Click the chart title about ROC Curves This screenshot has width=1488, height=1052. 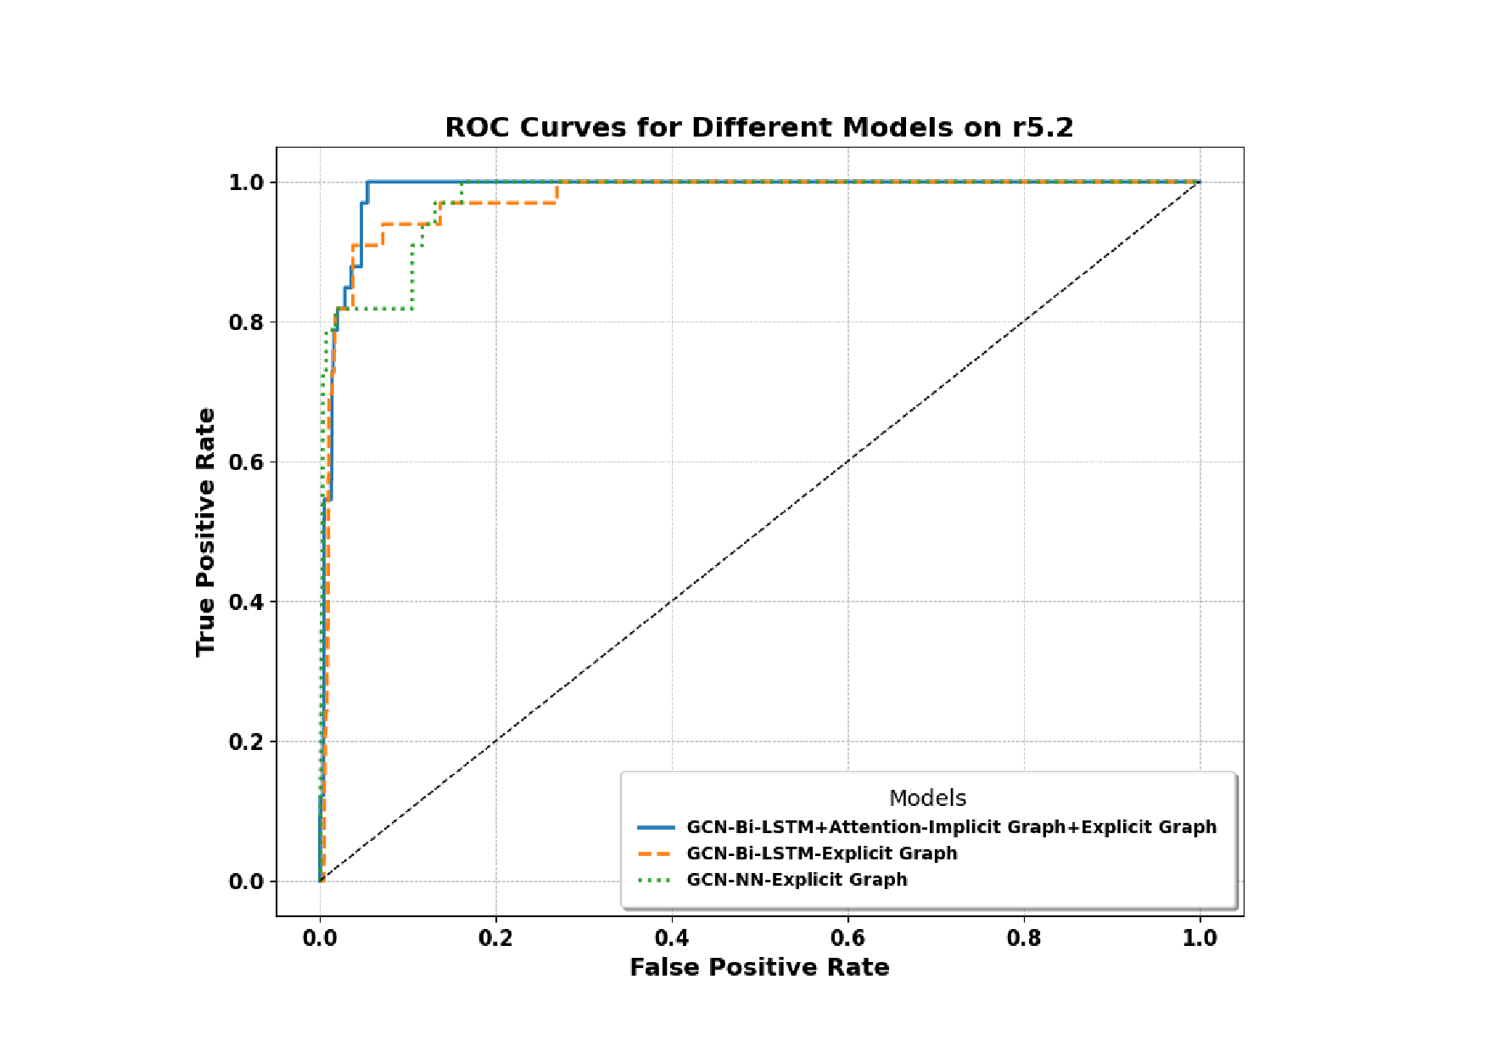coord(758,127)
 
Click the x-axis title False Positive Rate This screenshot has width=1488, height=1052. coord(758,967)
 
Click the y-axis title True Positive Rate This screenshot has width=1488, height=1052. coord(205,532)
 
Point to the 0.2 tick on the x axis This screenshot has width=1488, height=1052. coord(495,938)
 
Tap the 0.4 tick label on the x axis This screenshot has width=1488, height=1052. coord(672,938)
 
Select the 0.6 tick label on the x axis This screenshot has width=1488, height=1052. coord(847,938)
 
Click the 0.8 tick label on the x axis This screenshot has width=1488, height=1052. coord(1024,938)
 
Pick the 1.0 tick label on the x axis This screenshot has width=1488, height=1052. coord(1200,938)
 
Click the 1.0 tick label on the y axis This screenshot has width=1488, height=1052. coord(246,182)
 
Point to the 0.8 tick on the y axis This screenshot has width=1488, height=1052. coord(246,322)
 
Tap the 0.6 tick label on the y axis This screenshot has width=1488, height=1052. coord(246,462)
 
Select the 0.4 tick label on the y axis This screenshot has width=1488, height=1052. coord(246,602)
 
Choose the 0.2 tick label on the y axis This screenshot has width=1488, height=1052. coord(246,742)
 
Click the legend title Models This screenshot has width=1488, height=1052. coord(927,798)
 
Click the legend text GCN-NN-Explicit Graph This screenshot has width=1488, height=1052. coord(797,880)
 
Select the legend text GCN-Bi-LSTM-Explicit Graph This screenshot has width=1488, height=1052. coord(821,853)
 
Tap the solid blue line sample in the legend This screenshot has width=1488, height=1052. coord(656,827)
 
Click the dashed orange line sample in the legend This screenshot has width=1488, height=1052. coord(656,853)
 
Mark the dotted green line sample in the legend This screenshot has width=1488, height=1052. coord(656,880)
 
